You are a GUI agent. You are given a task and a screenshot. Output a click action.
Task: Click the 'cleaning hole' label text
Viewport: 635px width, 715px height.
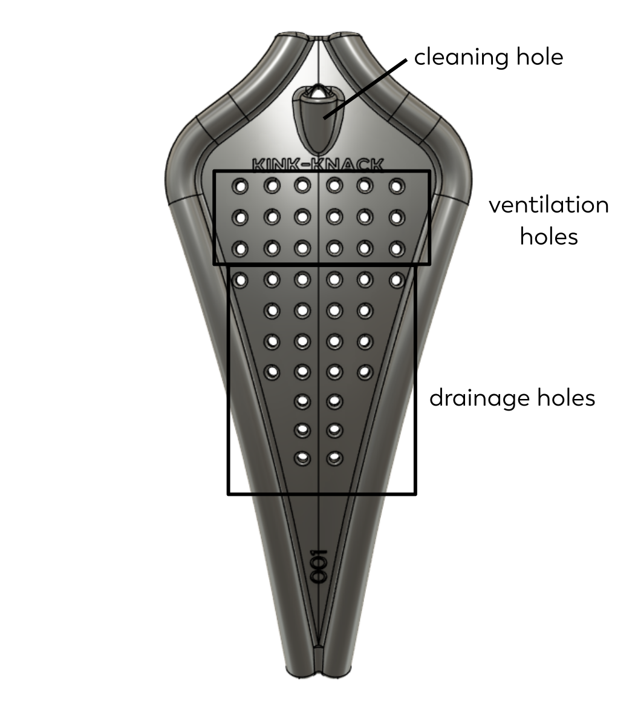tap(488, 58)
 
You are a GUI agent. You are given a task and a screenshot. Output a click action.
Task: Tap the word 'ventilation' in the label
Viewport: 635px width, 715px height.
tap(549, 205)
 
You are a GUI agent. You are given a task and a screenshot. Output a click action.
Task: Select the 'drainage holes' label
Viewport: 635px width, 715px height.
tap(512, 398)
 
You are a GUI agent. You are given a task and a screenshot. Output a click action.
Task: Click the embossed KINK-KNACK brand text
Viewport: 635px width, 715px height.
tap(318, 165)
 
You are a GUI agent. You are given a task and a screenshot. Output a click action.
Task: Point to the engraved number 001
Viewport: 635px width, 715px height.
tap(319, 566)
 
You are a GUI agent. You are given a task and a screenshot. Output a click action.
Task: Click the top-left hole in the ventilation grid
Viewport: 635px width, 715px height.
tap(240, 186)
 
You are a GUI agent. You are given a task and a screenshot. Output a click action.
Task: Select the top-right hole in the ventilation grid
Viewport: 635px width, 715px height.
tap(397, 186)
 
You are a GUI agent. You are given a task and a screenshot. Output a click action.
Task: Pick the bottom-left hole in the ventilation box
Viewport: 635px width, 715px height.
tap(240, 249)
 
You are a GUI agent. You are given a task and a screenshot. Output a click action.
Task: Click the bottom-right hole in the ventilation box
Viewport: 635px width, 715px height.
tap(397, 249)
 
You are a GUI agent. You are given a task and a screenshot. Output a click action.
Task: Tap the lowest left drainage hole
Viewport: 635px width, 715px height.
tap(302, 458)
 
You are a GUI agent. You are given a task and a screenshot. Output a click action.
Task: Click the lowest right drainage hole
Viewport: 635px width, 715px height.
tap(334, 458)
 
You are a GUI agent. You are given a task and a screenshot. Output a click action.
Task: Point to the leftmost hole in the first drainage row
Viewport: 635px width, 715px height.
tap(240, 280)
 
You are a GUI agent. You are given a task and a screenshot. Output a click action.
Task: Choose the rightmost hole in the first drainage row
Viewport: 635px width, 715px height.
tap(397, 280)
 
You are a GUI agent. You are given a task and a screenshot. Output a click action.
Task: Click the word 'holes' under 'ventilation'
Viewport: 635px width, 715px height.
tap(549, 237)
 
